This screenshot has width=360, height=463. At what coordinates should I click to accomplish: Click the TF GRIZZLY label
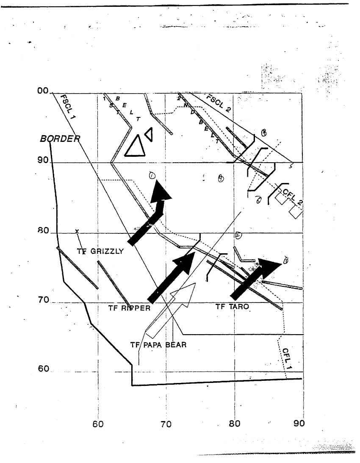click(x=100, y=251)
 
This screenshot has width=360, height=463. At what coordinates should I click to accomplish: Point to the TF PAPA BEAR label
click(x=158, y=345)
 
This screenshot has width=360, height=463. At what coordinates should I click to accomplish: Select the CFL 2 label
click(x=292, y=197)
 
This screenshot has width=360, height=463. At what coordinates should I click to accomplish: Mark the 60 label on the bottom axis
click(x=98, y=424)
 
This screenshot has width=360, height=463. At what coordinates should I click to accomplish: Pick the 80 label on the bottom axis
click(x=235, y=424)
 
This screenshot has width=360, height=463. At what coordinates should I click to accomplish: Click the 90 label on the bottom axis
click(x=299, y=424)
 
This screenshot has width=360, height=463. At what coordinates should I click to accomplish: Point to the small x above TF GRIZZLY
click(x=77, y=231)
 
